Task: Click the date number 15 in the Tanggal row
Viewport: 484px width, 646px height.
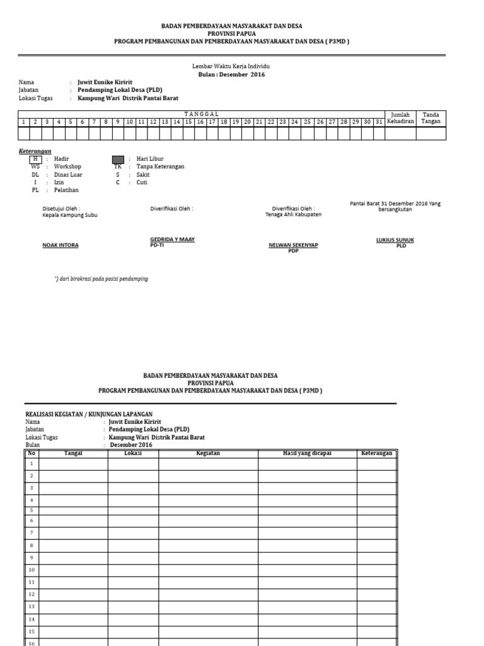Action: pos(188,121)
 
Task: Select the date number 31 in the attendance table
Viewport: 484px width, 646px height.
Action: pos(378,121)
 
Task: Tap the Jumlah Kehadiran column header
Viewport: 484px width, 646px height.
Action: pos(400,118)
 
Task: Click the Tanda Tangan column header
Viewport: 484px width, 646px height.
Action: pos(431,118)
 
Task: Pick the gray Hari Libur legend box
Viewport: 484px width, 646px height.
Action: pos(118,159)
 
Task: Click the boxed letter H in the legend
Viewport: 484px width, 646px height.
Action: pos(35,159)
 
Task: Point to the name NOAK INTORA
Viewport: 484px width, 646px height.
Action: pos(60,245)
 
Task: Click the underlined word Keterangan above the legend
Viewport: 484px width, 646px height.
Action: pos(33,151)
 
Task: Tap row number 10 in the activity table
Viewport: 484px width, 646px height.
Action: pos(31,569)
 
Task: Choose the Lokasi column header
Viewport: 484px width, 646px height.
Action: pos(133,453)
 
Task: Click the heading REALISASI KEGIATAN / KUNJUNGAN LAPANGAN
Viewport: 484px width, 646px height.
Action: pos(89,414)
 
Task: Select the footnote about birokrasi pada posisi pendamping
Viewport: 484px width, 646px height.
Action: pos(101,278)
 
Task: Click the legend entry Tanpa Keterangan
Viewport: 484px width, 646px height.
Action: pos(160,167)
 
